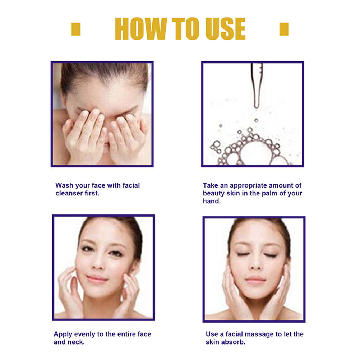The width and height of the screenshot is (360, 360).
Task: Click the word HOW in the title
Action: click(x=141, y=29)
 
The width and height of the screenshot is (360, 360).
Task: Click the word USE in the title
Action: click(x=226, y=29)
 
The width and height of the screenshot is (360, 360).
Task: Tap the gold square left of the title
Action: click(x=76, y=29)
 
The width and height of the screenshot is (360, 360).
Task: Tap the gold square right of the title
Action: click(x=284, y=29)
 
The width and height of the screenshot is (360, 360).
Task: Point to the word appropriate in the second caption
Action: click(x=248, y=185)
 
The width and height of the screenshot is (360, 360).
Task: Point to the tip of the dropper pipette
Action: click(x=257, y=107)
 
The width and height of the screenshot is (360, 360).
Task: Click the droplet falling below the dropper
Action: click(x=256, y=120)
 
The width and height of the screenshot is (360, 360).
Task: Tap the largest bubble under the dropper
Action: click(x=256, y=153)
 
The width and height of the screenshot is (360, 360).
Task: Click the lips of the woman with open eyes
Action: click(x=97, y=279)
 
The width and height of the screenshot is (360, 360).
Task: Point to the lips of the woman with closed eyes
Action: click(x=255, y=280)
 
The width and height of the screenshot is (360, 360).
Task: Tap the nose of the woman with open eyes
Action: click(x=98, y=264)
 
